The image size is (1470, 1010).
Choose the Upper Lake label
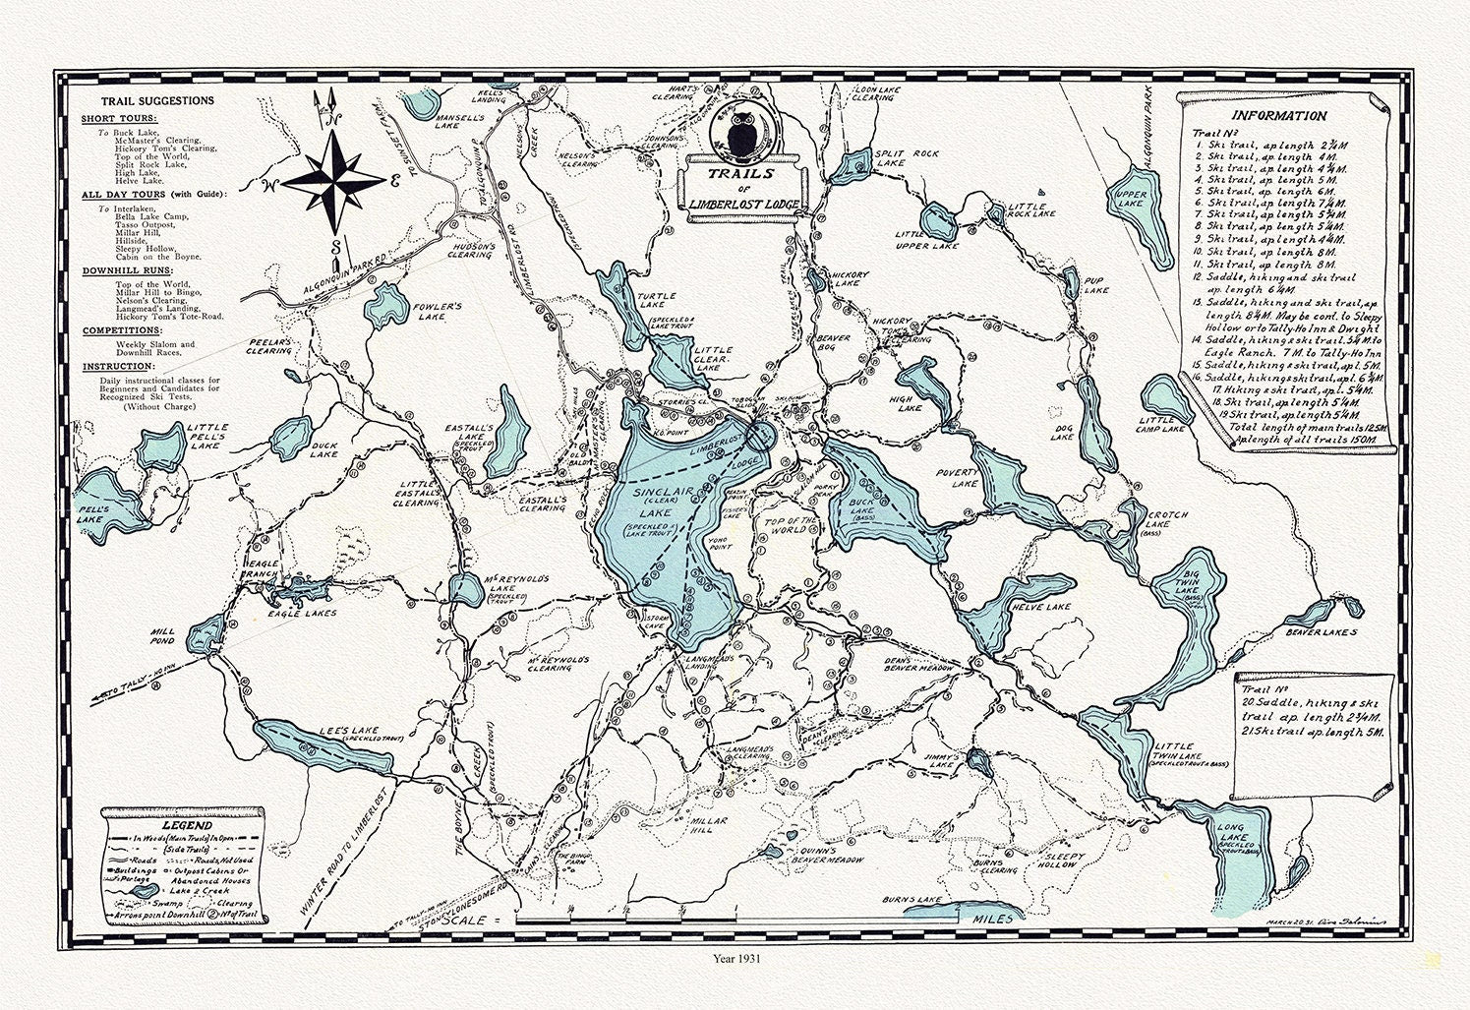[x=1129, y=200]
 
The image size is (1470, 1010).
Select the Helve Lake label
[x=1045, y=607]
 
